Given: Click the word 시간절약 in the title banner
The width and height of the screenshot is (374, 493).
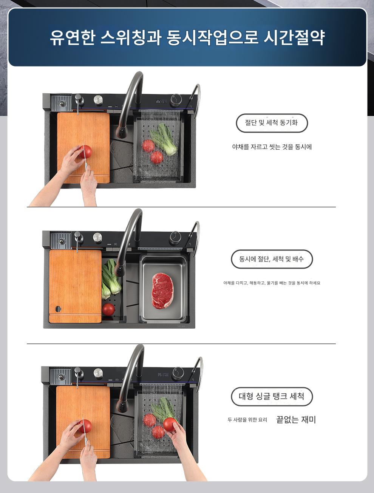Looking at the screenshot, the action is (294, 37).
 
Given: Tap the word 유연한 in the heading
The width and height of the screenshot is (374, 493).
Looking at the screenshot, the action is (72, 37).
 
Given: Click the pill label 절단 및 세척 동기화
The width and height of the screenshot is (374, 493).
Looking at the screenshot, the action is (271, 123).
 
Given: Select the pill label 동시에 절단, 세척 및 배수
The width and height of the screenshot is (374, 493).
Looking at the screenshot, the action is (272, 259).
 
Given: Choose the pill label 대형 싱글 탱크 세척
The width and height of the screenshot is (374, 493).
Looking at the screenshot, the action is (272, 396).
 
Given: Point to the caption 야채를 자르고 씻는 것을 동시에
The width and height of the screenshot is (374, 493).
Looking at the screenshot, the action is (272, 147).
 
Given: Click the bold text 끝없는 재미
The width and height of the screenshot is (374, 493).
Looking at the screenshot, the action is (296, 419).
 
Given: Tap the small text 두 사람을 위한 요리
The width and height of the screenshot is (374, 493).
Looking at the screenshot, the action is (247, 420).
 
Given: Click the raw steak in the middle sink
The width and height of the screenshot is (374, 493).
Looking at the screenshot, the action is (162, 290).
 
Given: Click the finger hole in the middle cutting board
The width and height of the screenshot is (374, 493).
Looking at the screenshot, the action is (58, 309).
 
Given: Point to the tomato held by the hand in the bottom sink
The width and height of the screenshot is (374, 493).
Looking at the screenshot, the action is (170, 424).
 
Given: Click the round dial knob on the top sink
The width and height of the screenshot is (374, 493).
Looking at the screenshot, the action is (176, 100).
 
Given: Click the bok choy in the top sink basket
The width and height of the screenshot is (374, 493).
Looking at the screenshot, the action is (164, 139).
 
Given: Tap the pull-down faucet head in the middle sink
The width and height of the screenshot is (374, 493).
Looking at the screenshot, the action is (119, 268).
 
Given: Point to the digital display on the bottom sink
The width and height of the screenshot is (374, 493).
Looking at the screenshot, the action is (163, 374).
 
